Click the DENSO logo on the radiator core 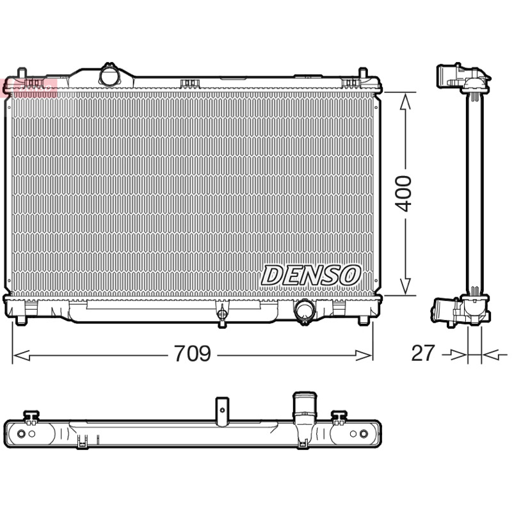pos(310,275)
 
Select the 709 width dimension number pos(193,353)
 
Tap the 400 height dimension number pos(403,194)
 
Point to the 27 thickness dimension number pos(423,353)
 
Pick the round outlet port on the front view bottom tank pos(305,310)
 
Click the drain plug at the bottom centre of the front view pos(222,314)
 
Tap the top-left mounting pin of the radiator pos(22,73)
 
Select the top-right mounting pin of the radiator pos(363,73)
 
